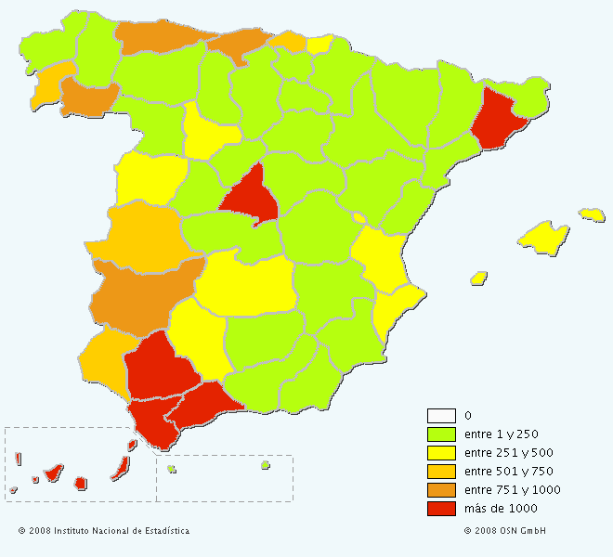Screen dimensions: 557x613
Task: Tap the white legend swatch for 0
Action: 441,416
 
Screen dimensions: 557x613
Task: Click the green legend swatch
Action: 441,434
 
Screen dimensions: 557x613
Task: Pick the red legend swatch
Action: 441,509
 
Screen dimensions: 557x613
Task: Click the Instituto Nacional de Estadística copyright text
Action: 104,531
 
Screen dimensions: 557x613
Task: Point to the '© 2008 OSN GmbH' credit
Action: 505,531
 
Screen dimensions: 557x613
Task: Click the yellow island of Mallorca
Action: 543,237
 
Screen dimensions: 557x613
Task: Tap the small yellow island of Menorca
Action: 593,214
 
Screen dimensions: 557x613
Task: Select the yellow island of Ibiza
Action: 479,278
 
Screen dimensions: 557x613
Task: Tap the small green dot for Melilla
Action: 265,465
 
